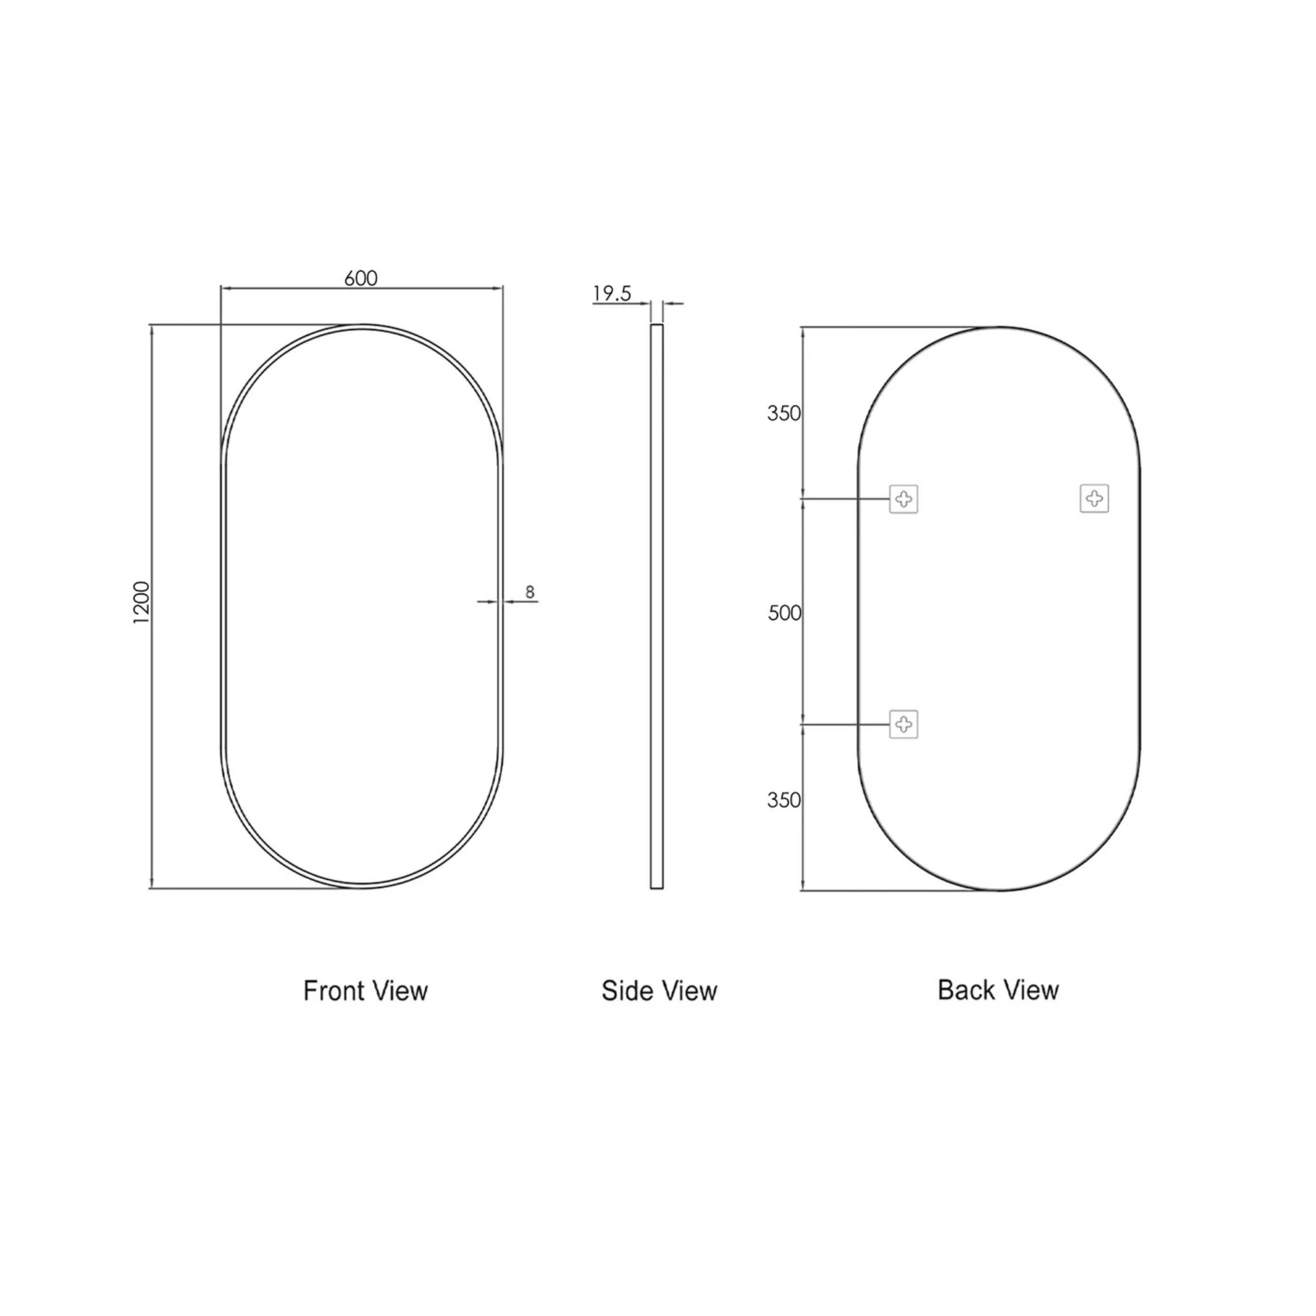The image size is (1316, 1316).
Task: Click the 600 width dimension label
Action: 360,278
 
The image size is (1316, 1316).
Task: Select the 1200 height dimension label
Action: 141,602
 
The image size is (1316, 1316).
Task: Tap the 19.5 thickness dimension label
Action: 612,294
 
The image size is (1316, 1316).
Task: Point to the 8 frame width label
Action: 530,592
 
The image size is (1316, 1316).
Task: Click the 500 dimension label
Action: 784,613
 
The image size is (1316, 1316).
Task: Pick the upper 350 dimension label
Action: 783,413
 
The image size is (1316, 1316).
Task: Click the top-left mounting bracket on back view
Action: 903,499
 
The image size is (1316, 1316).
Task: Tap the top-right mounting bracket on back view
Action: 1094,499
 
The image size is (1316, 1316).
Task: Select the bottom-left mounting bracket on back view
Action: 903,724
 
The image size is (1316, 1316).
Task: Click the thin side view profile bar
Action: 657,606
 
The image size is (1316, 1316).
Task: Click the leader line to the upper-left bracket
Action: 844,499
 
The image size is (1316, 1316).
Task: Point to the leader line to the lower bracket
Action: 844,725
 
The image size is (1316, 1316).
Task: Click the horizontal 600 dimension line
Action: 422,289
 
